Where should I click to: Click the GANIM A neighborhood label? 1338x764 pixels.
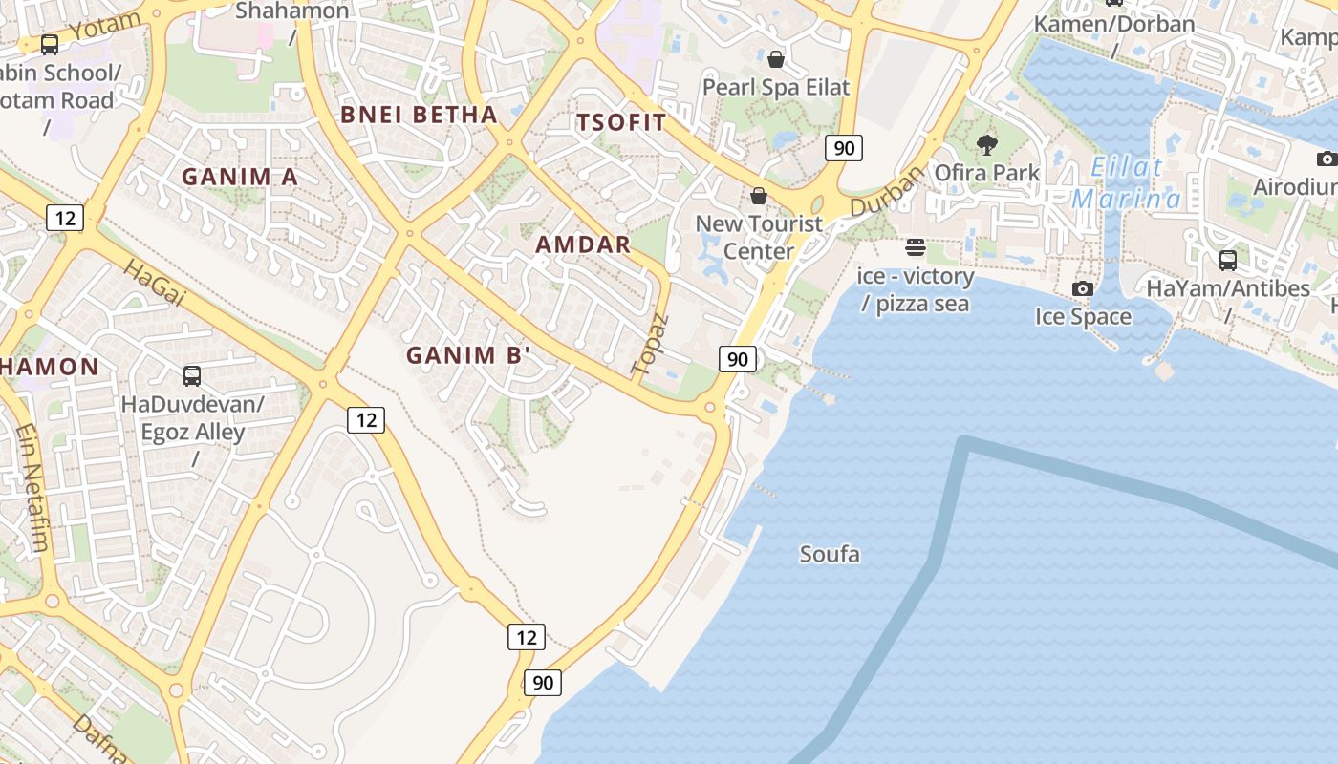click(x=240, y=177)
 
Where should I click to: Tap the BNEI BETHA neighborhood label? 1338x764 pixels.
click(x=420, y=116)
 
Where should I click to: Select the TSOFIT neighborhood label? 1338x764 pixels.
click(x=620, y=122)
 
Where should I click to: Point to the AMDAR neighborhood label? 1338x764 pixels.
click(x=583, y=244)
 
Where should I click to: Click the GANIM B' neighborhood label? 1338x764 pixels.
click(x=468, y=356)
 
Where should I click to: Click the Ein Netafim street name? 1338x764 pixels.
click(x=32, y=488)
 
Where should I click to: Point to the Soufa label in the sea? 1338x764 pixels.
click(x=830, y=554)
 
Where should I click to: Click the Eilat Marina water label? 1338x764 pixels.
click(x=1127, y=184)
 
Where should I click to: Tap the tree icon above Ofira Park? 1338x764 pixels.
click(x=987, y=146)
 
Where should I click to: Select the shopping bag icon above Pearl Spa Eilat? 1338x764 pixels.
click(x=776, y=59)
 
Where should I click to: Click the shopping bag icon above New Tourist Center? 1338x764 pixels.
click(x=759, y=196)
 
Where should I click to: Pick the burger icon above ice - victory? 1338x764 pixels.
click(x=916, y=248)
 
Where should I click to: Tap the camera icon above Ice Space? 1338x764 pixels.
click(x=1083, y=288)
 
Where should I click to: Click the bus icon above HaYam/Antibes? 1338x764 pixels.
click(x=1228, y=260)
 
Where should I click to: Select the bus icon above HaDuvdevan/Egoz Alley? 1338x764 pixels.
click(x=192, y=376)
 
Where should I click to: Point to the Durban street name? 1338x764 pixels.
click(x=888, y=191)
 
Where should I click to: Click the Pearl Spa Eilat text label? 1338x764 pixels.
click(x=776, y=87)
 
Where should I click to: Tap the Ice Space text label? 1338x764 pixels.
click(x=1083, y=316)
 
